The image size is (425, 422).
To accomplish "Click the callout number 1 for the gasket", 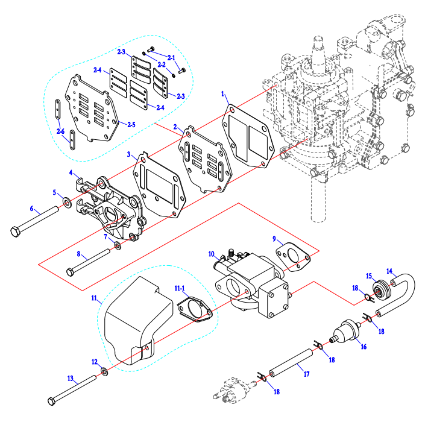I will click(x=223, y=95).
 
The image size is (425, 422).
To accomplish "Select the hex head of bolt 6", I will click(x=16, y=231).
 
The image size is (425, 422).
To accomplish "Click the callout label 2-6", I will click(x=60, y=131).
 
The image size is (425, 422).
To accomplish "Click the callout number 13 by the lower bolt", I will click(x=71, y=379).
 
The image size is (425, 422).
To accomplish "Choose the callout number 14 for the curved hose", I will click(x=389, y=271).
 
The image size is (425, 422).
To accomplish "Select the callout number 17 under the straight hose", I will click(x=307, y=374).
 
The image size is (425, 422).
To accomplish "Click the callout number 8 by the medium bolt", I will click(x=78, y=254).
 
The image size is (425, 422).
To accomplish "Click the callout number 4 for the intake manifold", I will click(x=71, y=172).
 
